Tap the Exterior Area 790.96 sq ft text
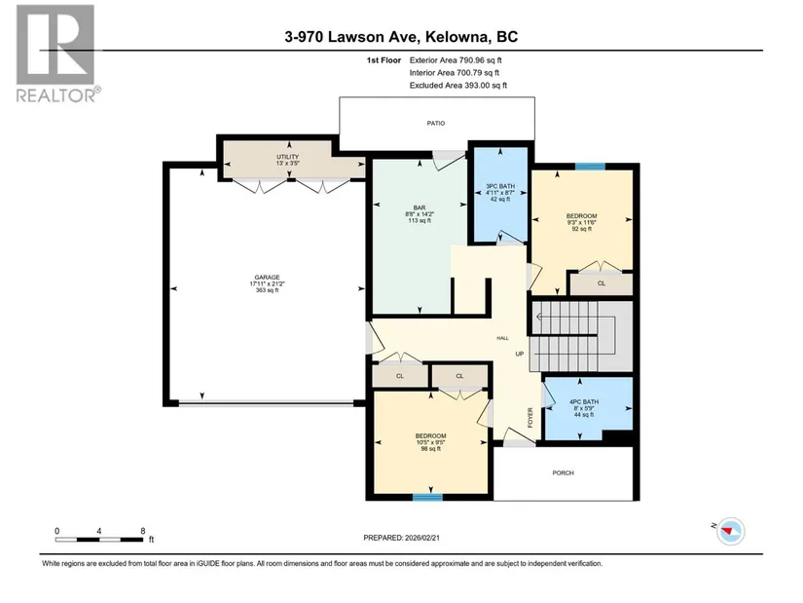pos(456,60)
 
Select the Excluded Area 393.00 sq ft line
pos(457,85)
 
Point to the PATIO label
pos(436,123)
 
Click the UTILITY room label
pos(287,157)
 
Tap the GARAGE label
pos(267,278)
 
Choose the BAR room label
pos(420,207)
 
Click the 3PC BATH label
pos(500,186)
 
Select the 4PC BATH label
pos(584,402)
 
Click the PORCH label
pos(563,472)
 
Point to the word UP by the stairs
pos(520,354)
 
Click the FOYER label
pos(530,417)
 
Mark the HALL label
pos(502,338)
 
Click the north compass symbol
pos(730,531)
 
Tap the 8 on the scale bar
pos(143,531)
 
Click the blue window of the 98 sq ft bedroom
pos(427,497)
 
